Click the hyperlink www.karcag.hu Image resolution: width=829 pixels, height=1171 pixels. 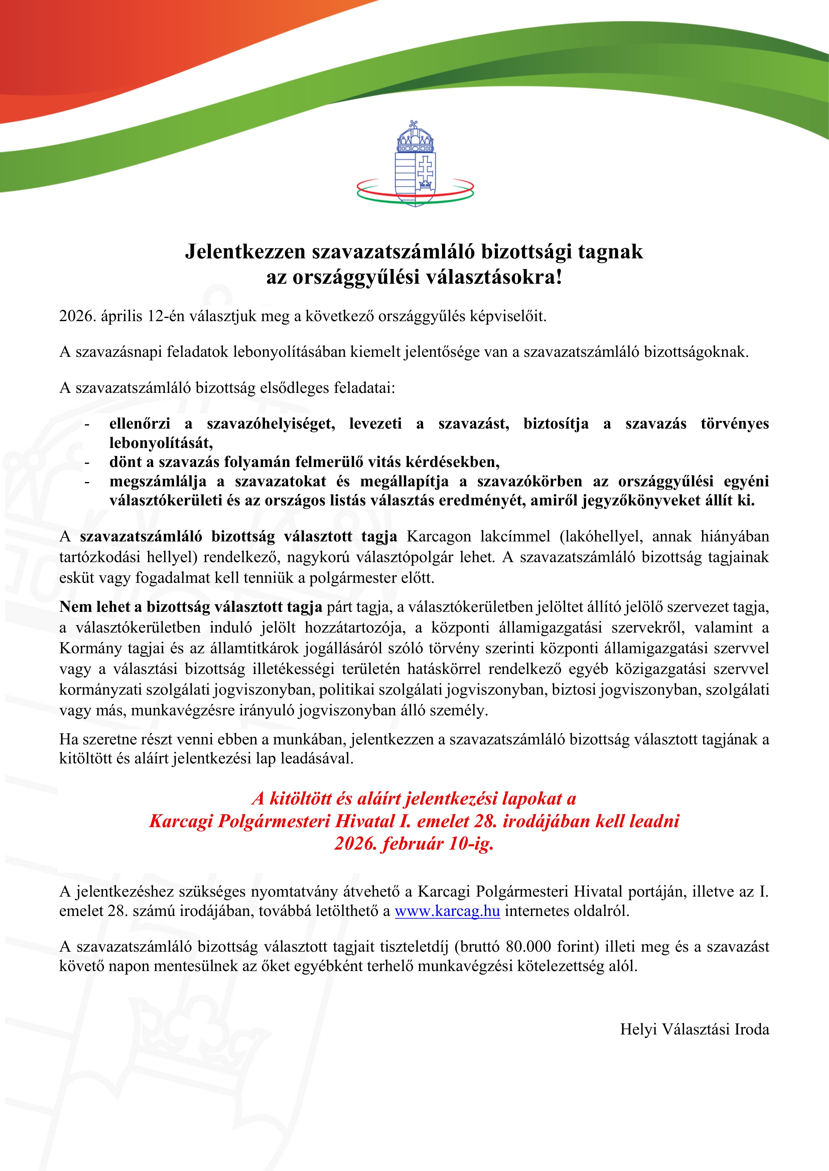click(x=447, y=911)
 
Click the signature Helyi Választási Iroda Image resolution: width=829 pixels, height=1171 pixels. click(x=694, y=1029)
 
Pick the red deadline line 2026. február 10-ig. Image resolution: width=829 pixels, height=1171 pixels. click(x=414, y=844)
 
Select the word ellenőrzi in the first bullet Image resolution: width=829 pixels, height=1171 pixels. click(x=139, y=423)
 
